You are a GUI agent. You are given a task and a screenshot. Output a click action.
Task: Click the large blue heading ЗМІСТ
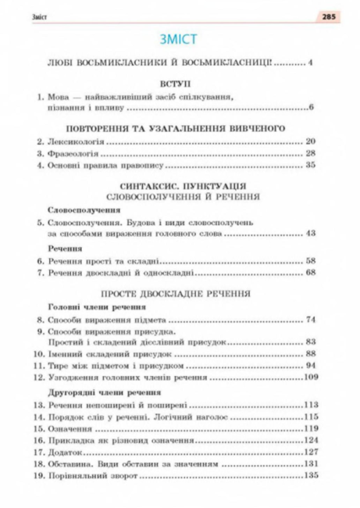point(180,38)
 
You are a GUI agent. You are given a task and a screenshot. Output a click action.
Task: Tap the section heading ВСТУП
point(180,83)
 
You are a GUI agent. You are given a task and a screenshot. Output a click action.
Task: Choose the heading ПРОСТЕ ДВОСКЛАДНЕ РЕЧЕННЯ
point(180,297)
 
